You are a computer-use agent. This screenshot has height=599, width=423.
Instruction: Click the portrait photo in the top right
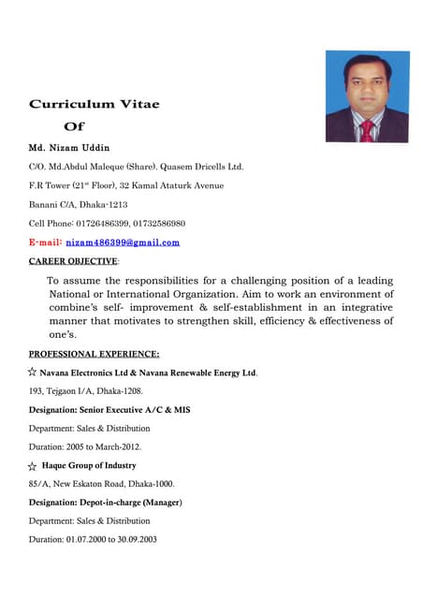pos(367,96)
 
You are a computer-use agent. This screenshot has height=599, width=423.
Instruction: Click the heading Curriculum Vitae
pos(95,104)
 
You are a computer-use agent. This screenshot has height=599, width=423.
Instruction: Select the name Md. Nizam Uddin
pos(69,148)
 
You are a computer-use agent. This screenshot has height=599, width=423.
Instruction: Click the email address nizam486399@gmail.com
pos(122,242)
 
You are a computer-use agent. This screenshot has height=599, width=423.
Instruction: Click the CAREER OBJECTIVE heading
pos(74,261)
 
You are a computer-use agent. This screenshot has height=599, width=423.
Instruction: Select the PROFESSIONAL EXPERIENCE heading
pos(94,354)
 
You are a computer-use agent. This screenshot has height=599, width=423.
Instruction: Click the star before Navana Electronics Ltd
pos(33,373)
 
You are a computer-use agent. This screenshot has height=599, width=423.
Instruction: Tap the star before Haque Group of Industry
pos(33,466)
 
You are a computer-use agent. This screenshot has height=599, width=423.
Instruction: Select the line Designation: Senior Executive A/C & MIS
pos(109,409)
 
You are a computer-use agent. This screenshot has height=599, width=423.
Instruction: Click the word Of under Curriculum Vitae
pos(74,125)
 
